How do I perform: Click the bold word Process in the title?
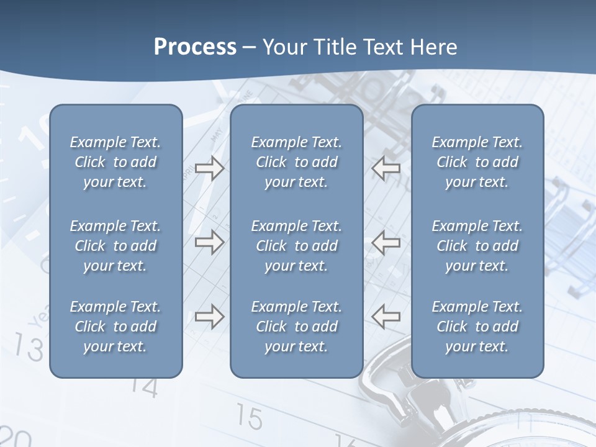[195, 47]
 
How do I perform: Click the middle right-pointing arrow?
[209, 243]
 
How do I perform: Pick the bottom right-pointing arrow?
[209, 317]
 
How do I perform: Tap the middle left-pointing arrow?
[386, 243]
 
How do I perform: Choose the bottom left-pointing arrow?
[386, 317]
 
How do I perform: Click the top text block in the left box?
[115, 162]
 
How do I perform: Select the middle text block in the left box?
[115, 246]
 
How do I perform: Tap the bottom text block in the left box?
[115, 327]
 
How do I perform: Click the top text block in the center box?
[296, 162]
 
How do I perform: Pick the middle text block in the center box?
[296, 246]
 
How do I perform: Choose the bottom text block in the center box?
[296, 327]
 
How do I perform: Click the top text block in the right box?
[477, 162]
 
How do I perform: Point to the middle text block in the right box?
[477, 246]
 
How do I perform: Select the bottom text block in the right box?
[477, 327]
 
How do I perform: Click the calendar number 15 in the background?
[250, 418]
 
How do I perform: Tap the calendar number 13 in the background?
[29, 348]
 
